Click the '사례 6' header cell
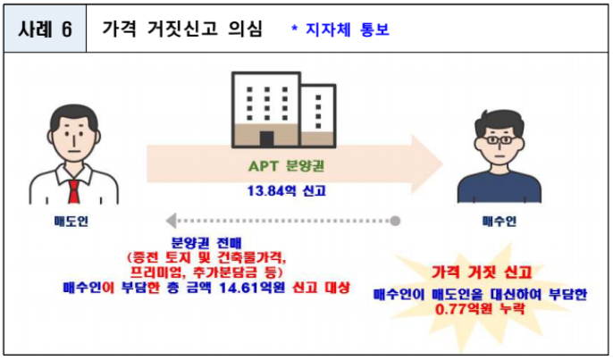45,29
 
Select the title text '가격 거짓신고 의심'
182,29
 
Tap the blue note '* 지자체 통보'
340,29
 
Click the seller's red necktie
74,191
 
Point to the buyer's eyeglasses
499,139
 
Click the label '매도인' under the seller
71,222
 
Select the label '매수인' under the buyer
500,222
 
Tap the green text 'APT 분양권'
287,166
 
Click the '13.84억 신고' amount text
287,191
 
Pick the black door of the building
266,139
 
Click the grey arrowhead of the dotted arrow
171,221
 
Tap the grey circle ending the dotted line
395,221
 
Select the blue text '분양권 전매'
206,243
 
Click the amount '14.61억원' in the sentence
252,288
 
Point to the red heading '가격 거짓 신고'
482,272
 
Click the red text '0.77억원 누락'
480,309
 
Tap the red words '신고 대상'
321,288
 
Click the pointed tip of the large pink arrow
442,164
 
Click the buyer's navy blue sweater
500,187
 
